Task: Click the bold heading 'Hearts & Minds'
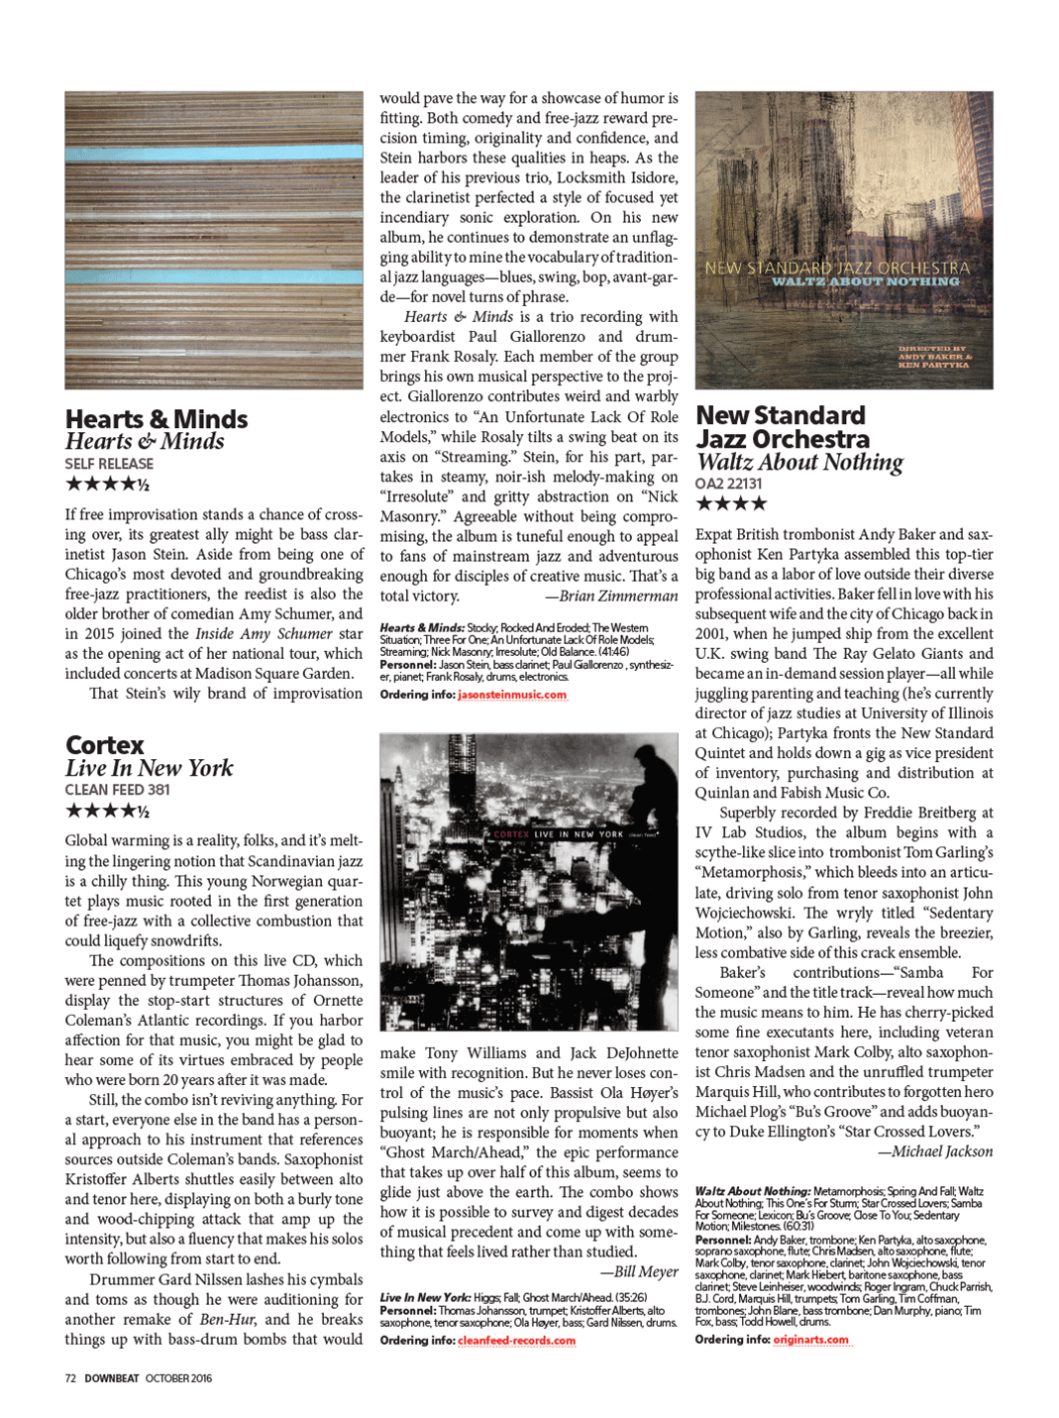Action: point(157,419)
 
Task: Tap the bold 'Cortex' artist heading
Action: point(105,745)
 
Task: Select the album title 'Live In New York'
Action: point(150,768)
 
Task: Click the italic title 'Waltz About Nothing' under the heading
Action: point(799,462)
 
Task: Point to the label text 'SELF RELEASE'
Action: point(109,464)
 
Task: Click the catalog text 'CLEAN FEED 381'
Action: point(117,790)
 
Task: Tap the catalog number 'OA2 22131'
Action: point(728,484)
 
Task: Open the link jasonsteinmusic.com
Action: point(512,695)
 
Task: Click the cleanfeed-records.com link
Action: point(516,1341)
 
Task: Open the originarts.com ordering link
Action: point(810,1340)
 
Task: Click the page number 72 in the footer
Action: point(70,1378)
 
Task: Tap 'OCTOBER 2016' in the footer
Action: point(178,1378)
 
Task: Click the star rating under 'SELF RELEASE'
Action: point(107,485)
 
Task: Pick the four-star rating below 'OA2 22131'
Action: point(731,503)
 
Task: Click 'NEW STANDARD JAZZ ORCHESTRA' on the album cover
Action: point(837,268)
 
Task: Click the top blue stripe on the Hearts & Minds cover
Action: point(214,154)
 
